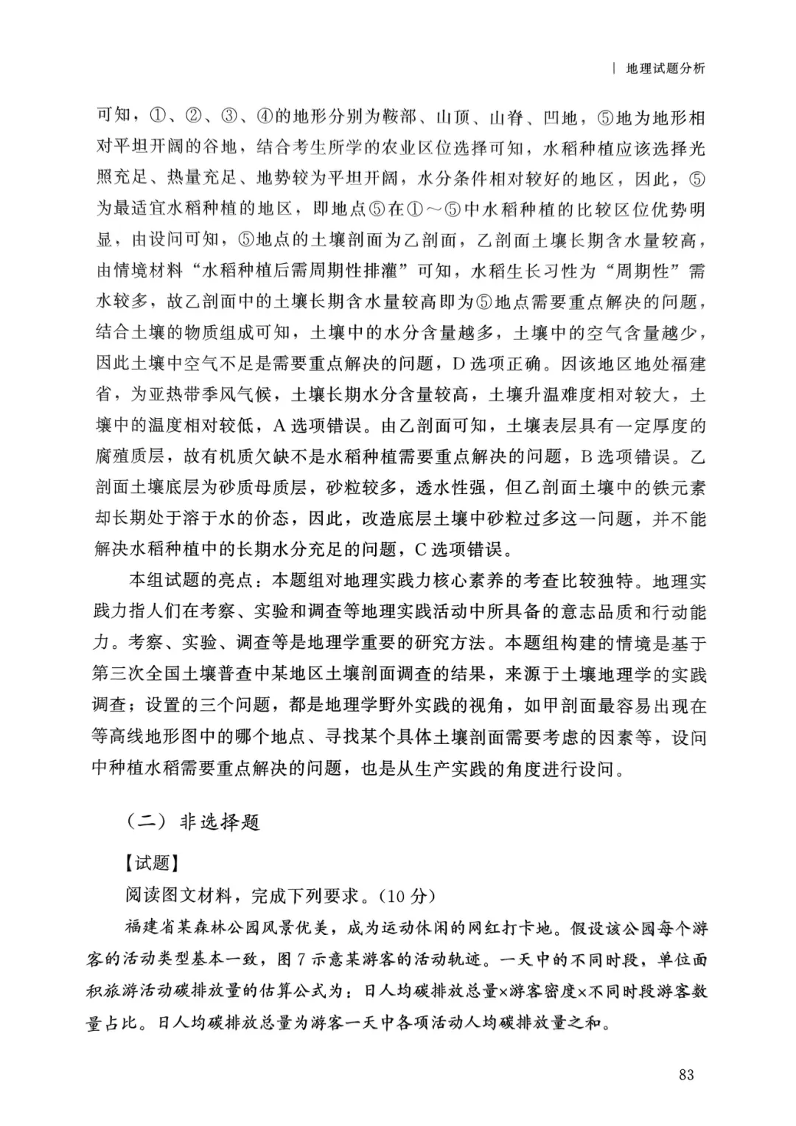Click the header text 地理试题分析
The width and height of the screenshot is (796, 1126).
tap(665, 69)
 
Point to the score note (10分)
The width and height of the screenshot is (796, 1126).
tap(408, 895)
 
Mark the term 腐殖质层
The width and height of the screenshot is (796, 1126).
tap(130, 456)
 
